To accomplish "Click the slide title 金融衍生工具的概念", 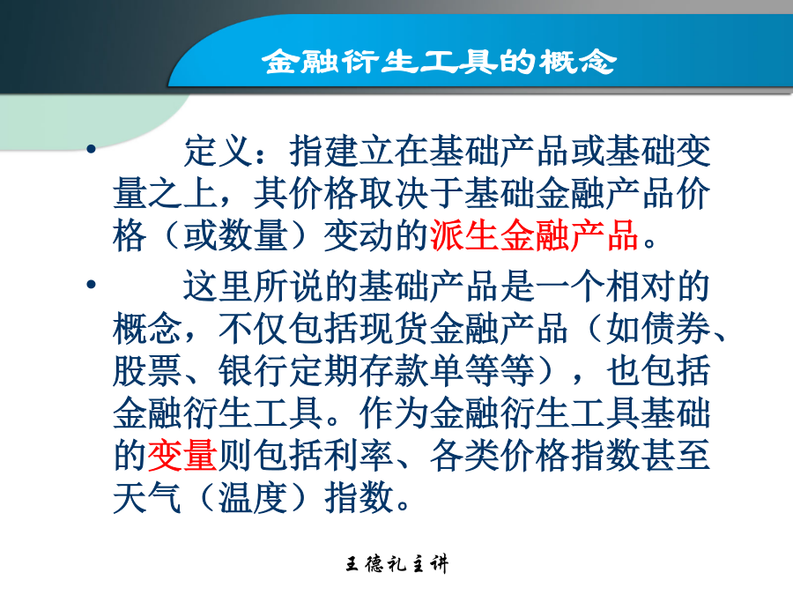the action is (439, 62).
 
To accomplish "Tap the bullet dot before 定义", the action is (91, 149).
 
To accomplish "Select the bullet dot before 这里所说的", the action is (91, 285).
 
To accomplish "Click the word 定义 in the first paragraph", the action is (218, 152).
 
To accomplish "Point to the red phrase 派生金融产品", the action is (534, 235).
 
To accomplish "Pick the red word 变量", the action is (182, 456).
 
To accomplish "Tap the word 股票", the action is (147, 371).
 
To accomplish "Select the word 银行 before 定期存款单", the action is (253, 371).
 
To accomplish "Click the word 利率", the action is (359, 456).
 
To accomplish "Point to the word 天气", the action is (147, 497).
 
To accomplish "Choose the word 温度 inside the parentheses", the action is (253, 497).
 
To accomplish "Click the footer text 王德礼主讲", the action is (397, 563).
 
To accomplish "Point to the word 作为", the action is (394, 413).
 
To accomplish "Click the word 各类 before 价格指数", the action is (464, 456).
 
